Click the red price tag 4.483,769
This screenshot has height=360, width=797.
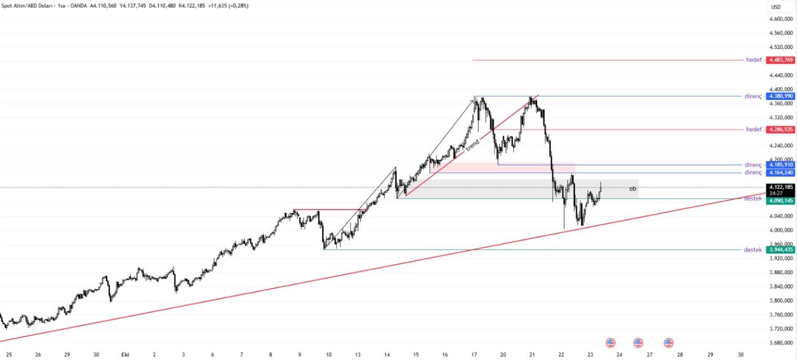(x=781, y=60)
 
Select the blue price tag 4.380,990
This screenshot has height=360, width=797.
(x=781, y=96)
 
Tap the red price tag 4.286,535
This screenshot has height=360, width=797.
(x=781, y=129)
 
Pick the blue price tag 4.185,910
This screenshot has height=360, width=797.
(x=781, y=165)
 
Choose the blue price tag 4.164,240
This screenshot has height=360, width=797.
(x=781, y=173)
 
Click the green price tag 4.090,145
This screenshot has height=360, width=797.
(x=781, y=201)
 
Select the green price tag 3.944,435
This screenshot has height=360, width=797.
(x=781, y=250)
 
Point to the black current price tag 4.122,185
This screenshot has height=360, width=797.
(x=781, y=187)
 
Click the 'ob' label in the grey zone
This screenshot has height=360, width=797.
(x=632, y=188)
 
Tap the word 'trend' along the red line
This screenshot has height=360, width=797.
(x=473, y=143)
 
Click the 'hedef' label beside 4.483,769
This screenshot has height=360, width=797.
(x=753, y=60)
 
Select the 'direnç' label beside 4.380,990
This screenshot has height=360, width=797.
(x=753, y=96)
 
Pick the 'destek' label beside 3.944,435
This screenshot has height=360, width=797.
(x=753, y=250)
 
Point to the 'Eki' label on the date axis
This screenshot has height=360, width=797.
(x=125, y=355)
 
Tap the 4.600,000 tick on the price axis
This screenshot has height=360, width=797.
(x=781, y=19)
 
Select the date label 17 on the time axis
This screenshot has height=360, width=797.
(x=474, y=355)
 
